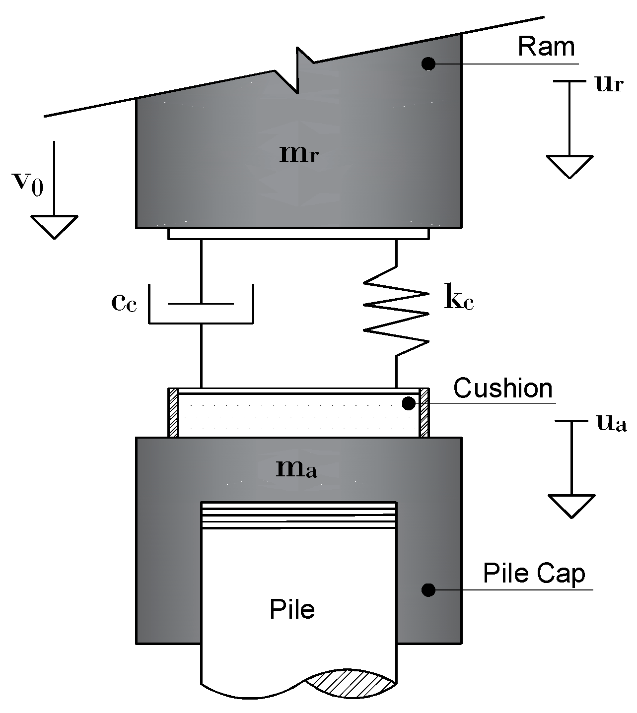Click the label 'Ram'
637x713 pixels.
(546, 47)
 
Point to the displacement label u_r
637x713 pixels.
(608, 84)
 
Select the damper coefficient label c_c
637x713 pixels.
(124, 302)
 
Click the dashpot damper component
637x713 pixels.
(201, 305)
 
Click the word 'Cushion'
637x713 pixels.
(502, 388)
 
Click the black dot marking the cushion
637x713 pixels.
(409, 403)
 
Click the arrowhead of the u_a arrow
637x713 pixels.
(571, 506)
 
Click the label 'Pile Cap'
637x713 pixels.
(534, 574)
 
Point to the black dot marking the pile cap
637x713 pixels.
(428, 590)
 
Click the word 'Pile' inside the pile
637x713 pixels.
(292, 609)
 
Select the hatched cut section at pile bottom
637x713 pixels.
(351, 684)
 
